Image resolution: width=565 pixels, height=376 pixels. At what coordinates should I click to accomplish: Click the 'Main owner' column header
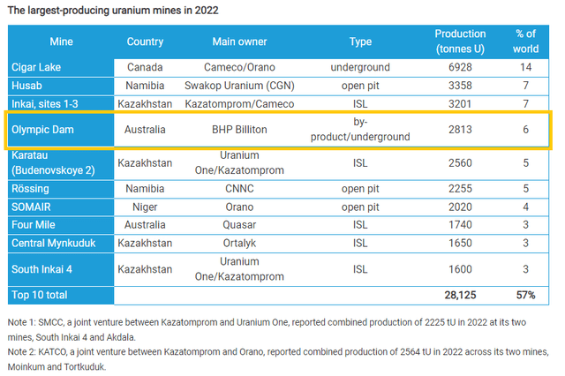point(241,41)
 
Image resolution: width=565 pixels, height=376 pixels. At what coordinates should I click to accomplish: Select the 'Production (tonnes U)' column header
point(460,41)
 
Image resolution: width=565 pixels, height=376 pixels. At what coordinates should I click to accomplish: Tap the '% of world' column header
point(526,41)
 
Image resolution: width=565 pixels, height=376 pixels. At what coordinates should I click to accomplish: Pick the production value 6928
point(460,67)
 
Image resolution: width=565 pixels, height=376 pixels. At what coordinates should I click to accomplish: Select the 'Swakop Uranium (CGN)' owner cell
point(241,86)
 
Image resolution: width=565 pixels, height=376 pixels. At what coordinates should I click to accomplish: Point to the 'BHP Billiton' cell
point(241,129)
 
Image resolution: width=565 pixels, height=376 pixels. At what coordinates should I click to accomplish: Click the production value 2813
point(460,129)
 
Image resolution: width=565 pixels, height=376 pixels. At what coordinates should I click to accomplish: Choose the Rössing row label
point(31,188)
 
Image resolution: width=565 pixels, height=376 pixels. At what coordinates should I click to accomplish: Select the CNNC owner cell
point(241,188)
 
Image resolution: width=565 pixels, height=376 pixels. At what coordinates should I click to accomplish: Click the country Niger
point(145,207)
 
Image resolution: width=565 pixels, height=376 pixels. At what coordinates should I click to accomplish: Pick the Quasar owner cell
point(241,225)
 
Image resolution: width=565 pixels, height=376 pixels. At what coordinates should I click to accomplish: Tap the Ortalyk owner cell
point(241,243)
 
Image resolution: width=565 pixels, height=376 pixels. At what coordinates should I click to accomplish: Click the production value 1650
point(460,243)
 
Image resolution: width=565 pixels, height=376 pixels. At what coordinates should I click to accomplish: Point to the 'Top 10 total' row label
point(40,294)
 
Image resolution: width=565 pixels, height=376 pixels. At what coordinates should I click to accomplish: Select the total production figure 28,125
point(460,294)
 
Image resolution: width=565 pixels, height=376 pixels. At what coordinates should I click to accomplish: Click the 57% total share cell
point(526,294)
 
